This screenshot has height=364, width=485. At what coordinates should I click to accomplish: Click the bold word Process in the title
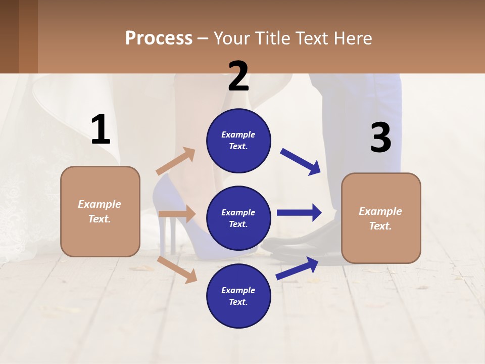159,38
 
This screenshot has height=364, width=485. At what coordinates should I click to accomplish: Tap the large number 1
101,130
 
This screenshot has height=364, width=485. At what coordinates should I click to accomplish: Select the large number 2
238,76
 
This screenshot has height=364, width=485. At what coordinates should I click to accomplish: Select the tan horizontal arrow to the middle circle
177,214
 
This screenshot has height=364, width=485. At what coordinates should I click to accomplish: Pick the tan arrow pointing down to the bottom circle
177,269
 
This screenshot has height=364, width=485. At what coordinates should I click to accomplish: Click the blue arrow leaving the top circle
300,161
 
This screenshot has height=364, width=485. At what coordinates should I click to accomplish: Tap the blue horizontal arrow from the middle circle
299,212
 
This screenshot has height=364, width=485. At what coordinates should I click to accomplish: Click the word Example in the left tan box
100,204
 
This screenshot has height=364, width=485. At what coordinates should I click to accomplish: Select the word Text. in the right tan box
380,226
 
